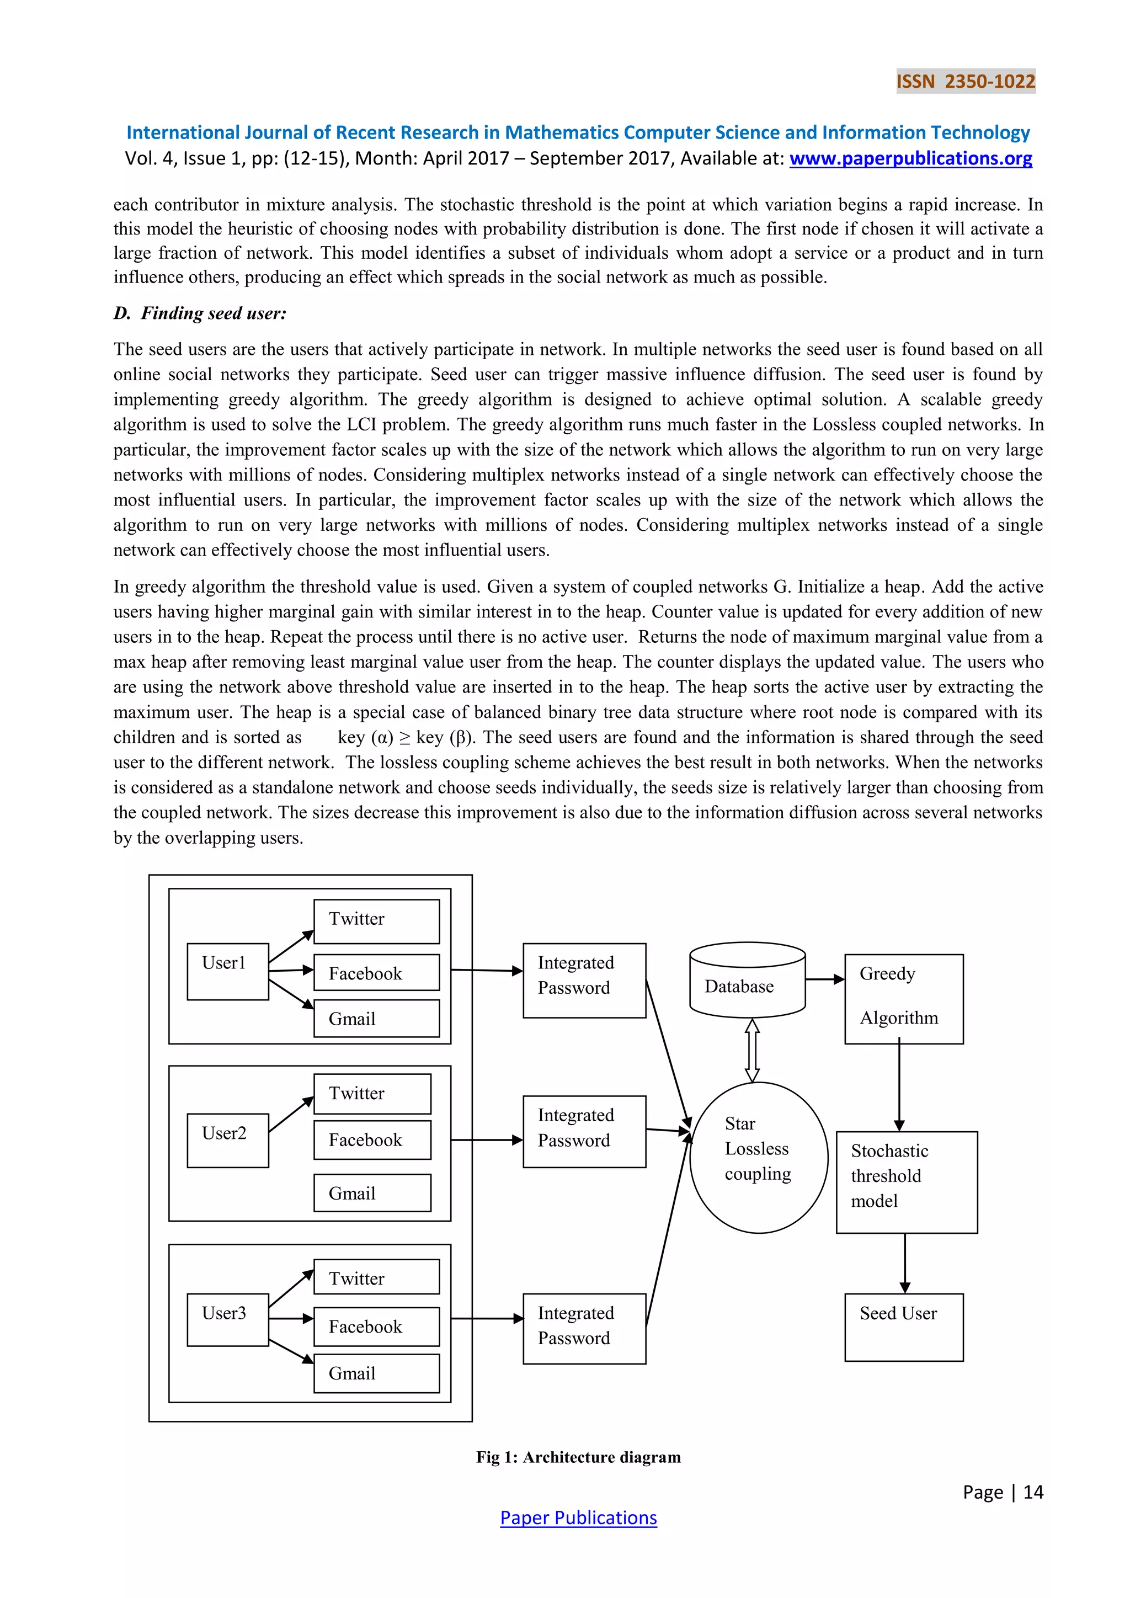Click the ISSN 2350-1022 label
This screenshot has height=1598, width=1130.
pyautogui.click(x=965, y=82)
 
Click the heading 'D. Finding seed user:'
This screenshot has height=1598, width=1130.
pyautogui.click(x=200, y=313)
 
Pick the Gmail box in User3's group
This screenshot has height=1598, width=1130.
pyautogui.click(x=376, y=1373)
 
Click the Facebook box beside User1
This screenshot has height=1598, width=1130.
pyautogui.click(x=376, y=972)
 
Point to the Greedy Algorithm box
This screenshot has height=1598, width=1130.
pyautogui.click(x=903, y=998)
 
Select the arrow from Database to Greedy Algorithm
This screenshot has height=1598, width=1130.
pyautogui.click(x=825, y=979)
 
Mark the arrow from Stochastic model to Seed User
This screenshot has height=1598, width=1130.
pyautogui.click(x=904, y=1263)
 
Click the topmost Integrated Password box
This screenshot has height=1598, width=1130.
pyautogui.click(x=584, y=980)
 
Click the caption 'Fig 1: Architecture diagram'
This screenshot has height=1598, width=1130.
pyautogui.click(x=578, y=1457)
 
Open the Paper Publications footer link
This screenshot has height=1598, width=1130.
pyautogui.click(x=578, y=1517)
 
